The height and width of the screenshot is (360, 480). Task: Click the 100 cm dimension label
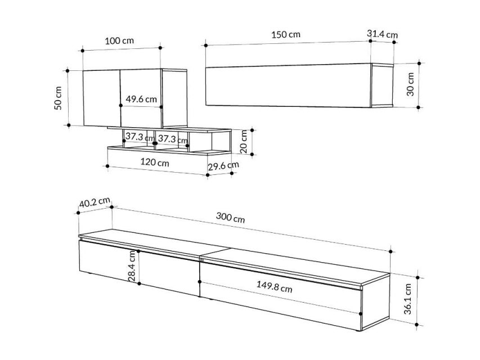119,40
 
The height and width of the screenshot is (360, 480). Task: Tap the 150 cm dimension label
286,34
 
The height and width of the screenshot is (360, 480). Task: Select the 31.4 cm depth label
382,34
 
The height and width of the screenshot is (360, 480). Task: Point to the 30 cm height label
410,84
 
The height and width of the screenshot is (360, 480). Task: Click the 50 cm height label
58,98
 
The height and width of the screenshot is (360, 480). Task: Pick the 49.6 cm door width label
141,99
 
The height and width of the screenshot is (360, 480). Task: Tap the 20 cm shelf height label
244,141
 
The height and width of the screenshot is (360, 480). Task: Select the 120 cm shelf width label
155,162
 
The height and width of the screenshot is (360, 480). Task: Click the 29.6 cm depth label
223,166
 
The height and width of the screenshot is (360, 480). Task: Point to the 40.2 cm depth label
95,202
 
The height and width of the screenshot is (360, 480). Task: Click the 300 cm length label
231,217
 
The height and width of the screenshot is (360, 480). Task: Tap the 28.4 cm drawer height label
132,266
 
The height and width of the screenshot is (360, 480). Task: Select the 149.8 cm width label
274,287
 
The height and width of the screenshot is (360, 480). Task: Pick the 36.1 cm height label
408,299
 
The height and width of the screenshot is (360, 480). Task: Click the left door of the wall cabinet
102,98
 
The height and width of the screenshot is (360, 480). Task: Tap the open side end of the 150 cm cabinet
382,85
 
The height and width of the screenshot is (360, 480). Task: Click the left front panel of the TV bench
140,268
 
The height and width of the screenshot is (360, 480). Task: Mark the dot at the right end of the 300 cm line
391,251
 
